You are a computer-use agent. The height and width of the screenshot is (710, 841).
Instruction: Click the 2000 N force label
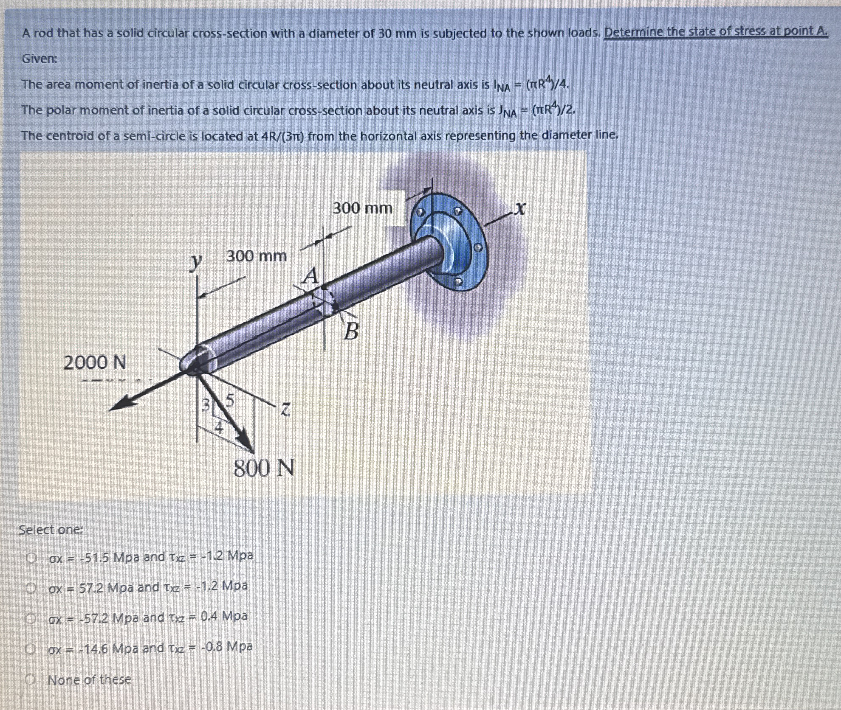click(95, 363)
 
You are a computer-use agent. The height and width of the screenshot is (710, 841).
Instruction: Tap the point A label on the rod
click(311, 277)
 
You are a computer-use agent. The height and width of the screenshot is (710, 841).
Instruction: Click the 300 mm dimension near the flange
click(362, 208)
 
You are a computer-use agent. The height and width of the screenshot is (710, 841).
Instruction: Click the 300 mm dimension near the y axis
click(256, 256)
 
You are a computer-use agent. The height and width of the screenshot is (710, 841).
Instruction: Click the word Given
click(39, 59)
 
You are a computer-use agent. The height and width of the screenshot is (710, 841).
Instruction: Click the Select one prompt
click(51, 530)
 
